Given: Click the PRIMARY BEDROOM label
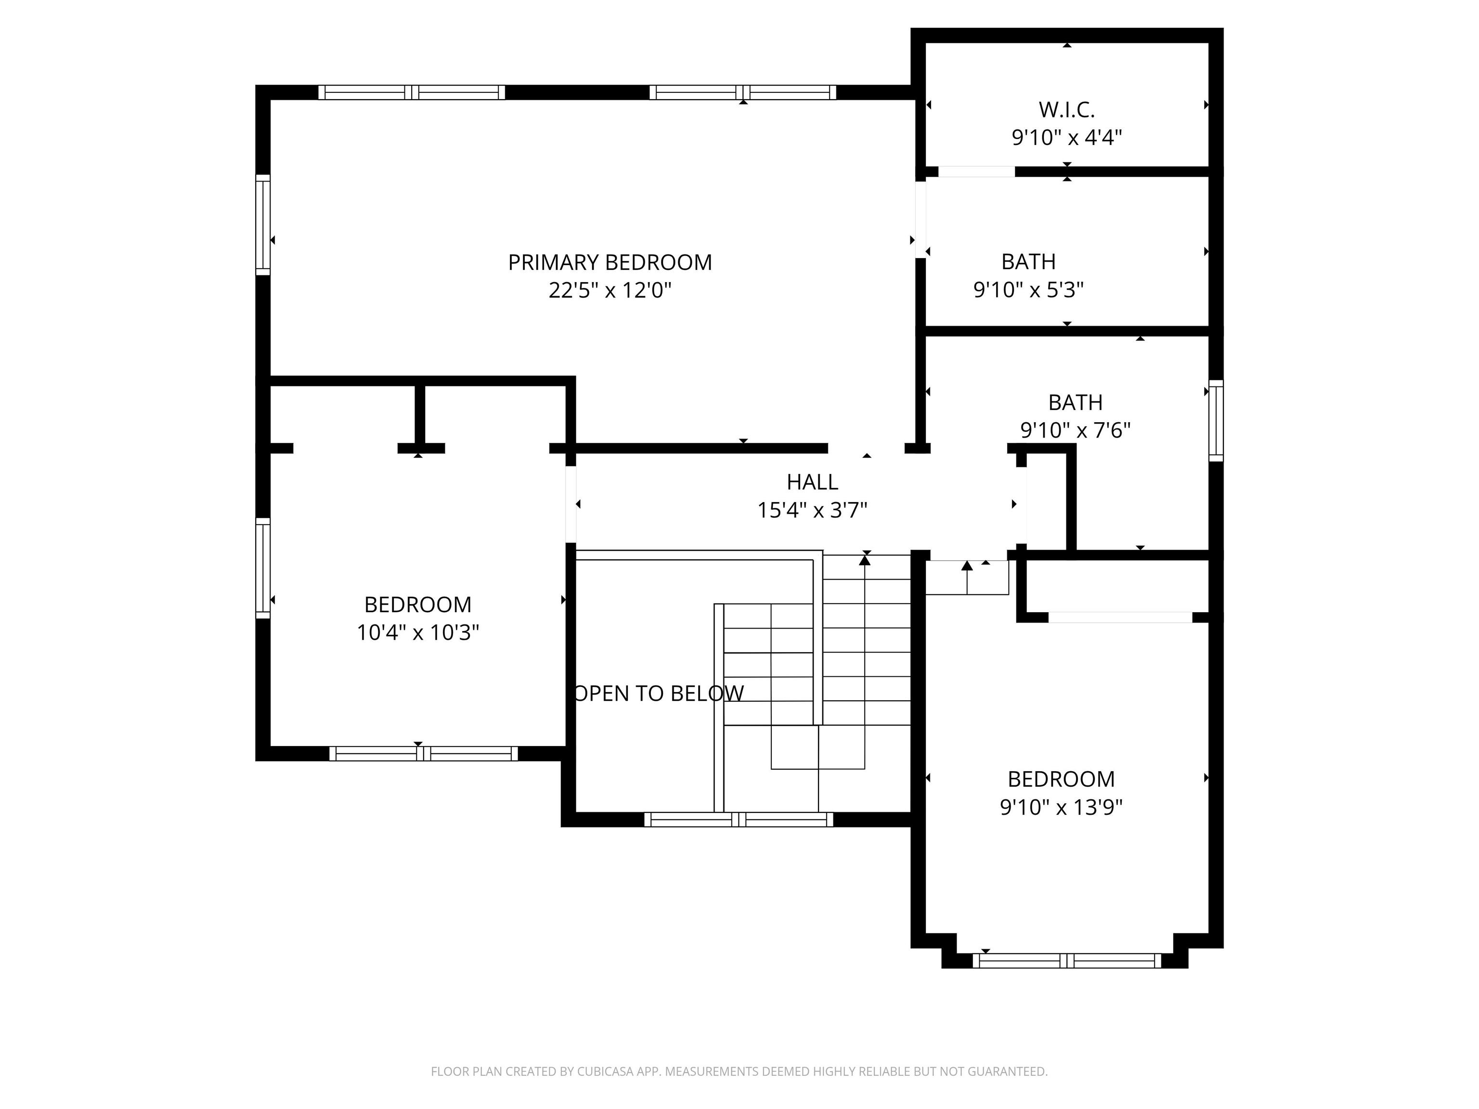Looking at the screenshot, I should coord(610,262).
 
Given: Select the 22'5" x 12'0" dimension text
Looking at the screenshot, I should coord(610,290).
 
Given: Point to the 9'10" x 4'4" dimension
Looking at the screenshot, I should coord(1066,138).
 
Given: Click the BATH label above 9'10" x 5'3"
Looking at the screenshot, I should coord(1028,261).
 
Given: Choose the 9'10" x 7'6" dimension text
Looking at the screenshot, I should coord(1075,430).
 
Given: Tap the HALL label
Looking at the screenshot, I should coord(812,482).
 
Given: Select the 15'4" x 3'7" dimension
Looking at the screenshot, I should coord(812,511).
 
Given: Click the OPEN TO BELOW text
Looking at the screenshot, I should coord(659,693).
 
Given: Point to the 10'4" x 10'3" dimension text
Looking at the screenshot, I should coord(418,632).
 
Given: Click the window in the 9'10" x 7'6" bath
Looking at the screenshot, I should coord(1216,421).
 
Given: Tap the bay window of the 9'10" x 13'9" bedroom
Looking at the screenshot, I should coord(1067,961).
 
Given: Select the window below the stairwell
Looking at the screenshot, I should coord(739,820).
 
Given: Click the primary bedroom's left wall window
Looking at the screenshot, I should coord(263,225).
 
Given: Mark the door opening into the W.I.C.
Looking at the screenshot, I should coord(976,172).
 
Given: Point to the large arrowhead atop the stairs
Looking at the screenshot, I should coord(865,561).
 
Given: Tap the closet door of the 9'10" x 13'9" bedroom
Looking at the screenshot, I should coord(1120,617).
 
